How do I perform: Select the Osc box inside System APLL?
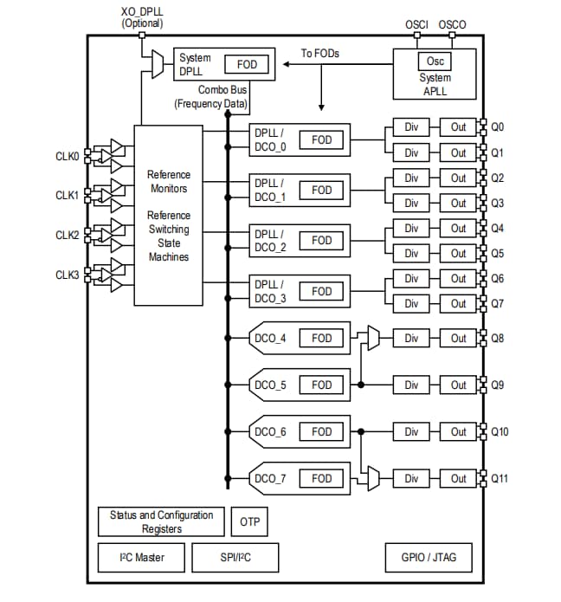coord(435,61)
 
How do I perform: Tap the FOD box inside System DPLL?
coord(247,64)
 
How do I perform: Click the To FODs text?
coord(320,54)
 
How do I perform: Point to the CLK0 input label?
coord(68,157)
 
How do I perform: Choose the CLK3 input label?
coord(68,275)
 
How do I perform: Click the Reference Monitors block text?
coord(169,181)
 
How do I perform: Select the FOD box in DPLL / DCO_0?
coord(321,139)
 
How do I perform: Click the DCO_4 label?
coord(270,339)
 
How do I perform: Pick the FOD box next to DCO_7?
coord(321,478)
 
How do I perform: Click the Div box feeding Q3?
coord(411,203)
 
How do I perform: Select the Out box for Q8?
coord(458,339)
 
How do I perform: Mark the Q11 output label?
coord(500,478)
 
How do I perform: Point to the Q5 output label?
coord(498,254)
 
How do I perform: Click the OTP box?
coord(248,522)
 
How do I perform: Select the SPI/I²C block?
coord(235,558)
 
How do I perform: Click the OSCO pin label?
coord(452,24)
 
